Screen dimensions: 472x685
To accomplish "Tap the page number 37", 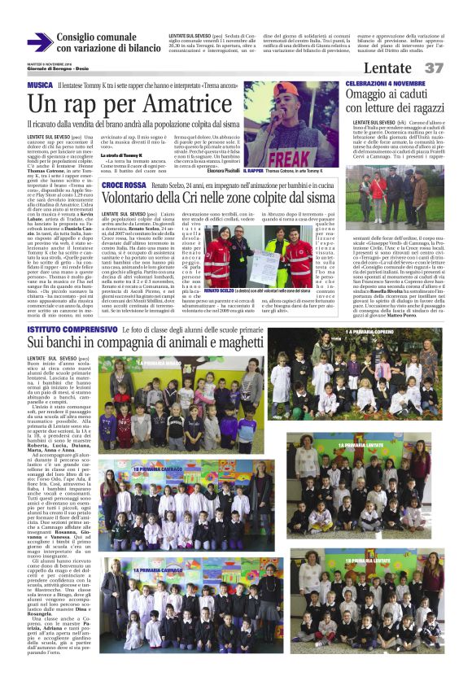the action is (x=435, y=68).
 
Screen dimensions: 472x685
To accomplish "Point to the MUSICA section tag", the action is (x=40, y=85).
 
